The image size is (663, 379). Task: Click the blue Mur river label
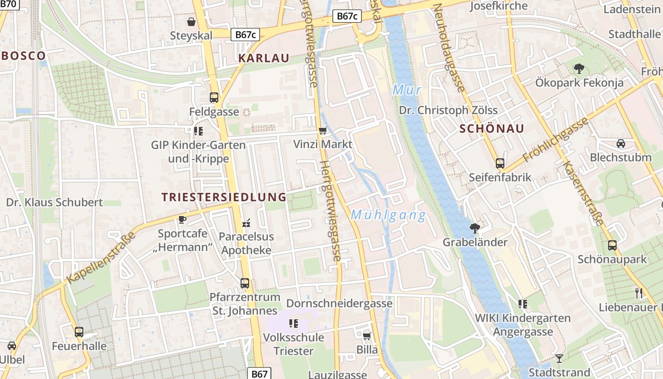[407, 90]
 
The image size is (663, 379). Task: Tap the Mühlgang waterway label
[388, 216]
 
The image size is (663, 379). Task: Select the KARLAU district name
[264, 58]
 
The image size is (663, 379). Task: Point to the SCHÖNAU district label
[492, 129]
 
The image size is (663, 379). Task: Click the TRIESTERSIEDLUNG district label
[224, 197]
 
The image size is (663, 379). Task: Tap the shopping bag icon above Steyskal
[191, 22]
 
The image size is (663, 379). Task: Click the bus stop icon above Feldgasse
[214, 98]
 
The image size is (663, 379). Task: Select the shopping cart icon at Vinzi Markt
[323, 130]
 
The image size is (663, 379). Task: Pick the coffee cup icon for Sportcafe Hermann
[182, 219]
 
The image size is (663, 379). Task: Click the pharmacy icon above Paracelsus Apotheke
[246, 222]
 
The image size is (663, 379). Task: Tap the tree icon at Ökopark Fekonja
[579, 69]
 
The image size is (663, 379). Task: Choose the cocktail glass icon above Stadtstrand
[559, 358]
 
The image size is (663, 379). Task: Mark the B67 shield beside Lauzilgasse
[260, 373]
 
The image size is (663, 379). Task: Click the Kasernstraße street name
[583, 193]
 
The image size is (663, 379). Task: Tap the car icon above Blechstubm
[620, 144]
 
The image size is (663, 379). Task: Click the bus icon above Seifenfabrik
[500, 163]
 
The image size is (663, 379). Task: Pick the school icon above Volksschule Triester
[294, 324]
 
